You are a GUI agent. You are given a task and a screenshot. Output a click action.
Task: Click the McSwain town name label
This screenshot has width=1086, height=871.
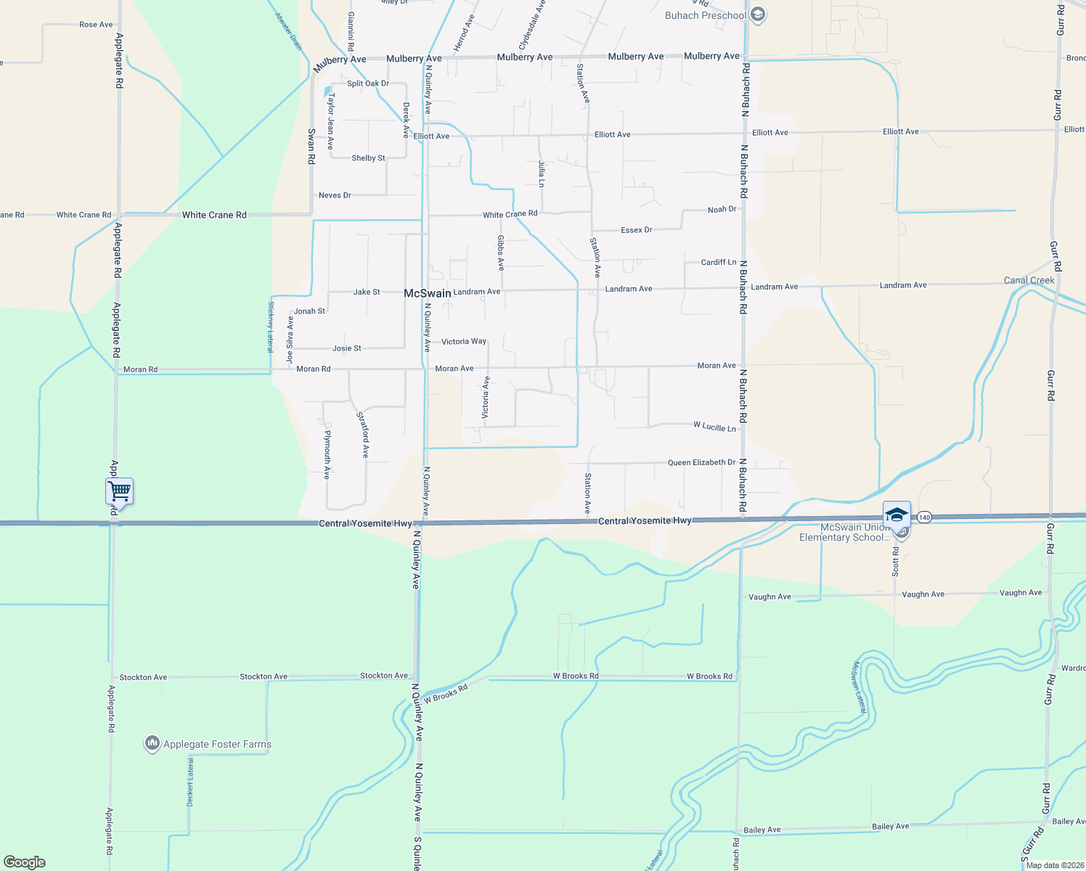click(427, 293)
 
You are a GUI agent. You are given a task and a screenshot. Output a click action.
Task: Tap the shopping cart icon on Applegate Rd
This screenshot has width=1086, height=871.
click(120, 491)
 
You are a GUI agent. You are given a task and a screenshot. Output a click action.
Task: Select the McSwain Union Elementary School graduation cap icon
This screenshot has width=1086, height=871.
click(897, 515)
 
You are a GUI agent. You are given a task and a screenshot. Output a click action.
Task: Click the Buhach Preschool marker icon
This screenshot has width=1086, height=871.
click(758, 15)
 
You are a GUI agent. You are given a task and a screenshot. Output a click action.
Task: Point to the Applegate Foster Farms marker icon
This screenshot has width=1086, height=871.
click(152, 744)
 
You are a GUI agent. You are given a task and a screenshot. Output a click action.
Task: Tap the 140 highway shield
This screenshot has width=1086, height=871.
click(923, 517)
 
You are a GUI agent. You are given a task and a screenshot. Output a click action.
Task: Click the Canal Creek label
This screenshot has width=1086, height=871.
click(1029, 280)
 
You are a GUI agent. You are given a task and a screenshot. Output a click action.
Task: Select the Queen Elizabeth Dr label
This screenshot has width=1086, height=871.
click(701, 462)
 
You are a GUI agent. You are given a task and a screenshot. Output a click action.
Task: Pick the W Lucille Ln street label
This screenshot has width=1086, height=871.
click(714, 427)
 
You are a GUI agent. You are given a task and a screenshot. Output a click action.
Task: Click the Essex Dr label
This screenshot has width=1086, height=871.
click(637, 230)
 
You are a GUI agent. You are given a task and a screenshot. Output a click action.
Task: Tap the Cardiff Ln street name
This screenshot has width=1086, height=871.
click(719, 262)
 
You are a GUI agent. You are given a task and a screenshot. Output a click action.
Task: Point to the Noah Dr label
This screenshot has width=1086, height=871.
click(722, 210)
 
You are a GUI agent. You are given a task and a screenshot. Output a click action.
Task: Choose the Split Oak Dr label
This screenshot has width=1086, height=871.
click(367, 83)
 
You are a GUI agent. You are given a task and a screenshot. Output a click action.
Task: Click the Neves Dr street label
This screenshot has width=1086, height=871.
click(335, 195)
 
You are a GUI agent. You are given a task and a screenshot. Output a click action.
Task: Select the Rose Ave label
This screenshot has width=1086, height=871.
click(96, 25)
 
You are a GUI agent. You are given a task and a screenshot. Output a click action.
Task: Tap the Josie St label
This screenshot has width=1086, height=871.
click(346, 348)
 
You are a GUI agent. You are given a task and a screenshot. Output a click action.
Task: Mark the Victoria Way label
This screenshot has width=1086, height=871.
click(463, 341)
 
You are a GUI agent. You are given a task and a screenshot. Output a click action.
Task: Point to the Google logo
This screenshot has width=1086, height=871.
click(25, 862)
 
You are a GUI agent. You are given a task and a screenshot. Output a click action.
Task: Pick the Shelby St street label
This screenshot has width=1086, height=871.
click(368, 158)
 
